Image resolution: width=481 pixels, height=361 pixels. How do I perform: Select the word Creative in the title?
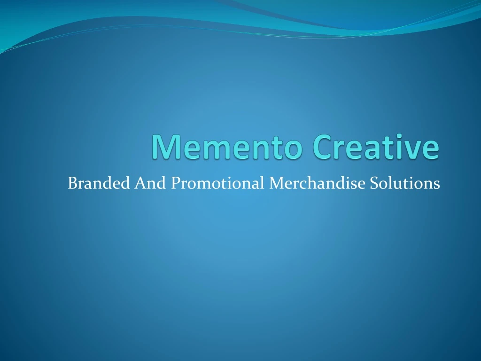click(376, 147)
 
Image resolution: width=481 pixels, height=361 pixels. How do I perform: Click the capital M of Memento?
click(163, 147)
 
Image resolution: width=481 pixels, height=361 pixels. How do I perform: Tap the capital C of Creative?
click(323, 147)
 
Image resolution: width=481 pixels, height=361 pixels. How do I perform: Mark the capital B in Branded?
click(72, 182)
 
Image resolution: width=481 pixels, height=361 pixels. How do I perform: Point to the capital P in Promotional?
click(174, 182)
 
